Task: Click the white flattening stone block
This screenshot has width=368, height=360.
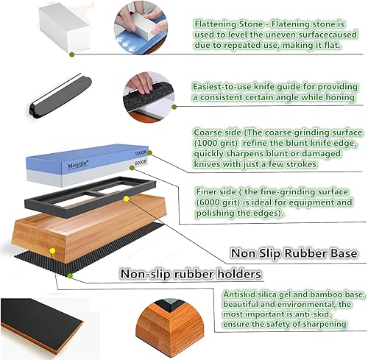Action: pos(64,28)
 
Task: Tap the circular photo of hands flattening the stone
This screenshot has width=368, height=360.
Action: pos(141,28)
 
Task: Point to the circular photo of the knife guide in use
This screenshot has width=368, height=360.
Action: pos(149,97)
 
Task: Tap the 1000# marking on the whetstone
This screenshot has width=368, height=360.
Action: pos(141,153)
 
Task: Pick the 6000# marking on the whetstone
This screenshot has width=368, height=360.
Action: pos(141,163)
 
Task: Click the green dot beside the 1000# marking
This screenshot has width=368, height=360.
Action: pos(149,153)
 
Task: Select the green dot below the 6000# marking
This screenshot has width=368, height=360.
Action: pos(132,168)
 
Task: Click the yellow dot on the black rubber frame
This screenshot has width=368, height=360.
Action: pos(126,199)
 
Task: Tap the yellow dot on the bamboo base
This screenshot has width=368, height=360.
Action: pos(52,250)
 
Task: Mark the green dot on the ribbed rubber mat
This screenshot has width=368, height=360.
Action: pos(70,276)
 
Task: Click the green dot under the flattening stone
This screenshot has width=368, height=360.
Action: pos(71,54)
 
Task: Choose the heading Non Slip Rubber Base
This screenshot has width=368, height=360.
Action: pos(294,253)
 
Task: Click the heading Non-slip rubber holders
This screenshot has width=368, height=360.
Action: pos(191,274)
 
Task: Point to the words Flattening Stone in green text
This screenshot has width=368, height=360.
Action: pos(229,24)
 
